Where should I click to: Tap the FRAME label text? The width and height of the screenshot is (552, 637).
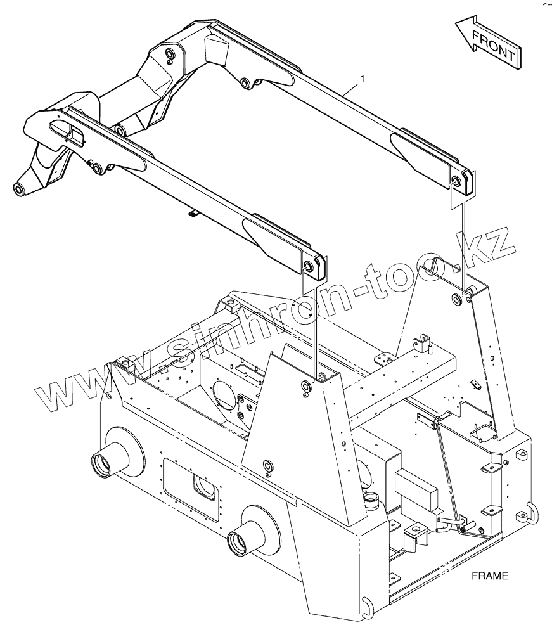pos(490,576)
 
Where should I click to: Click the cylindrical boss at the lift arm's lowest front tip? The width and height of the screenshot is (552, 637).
pos(18,188)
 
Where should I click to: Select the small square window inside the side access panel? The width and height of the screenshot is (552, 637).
pos(205,487)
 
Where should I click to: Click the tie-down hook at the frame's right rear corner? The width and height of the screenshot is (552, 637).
pos(530,511)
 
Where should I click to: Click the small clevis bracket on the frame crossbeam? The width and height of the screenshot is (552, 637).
pos(422,344)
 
